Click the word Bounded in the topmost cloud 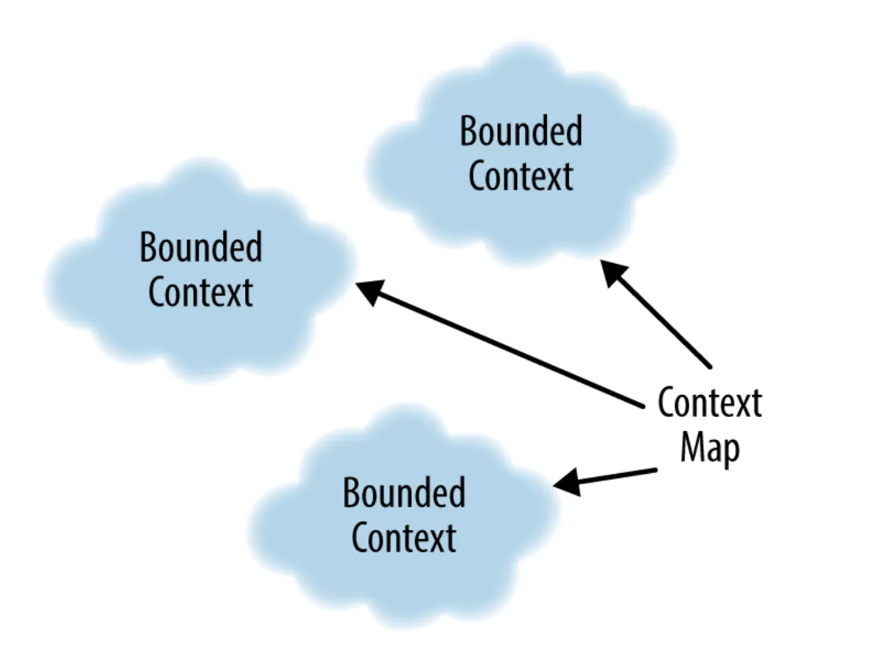point(521,131)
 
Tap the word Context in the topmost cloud point(521,175)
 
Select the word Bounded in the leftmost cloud point(201,247)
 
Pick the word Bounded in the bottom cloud point(404,493)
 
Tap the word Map point(710,449)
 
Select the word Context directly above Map point(710,403)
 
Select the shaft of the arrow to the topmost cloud point(655,314)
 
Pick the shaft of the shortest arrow point(605,477)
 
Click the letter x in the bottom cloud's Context point(436,542)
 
